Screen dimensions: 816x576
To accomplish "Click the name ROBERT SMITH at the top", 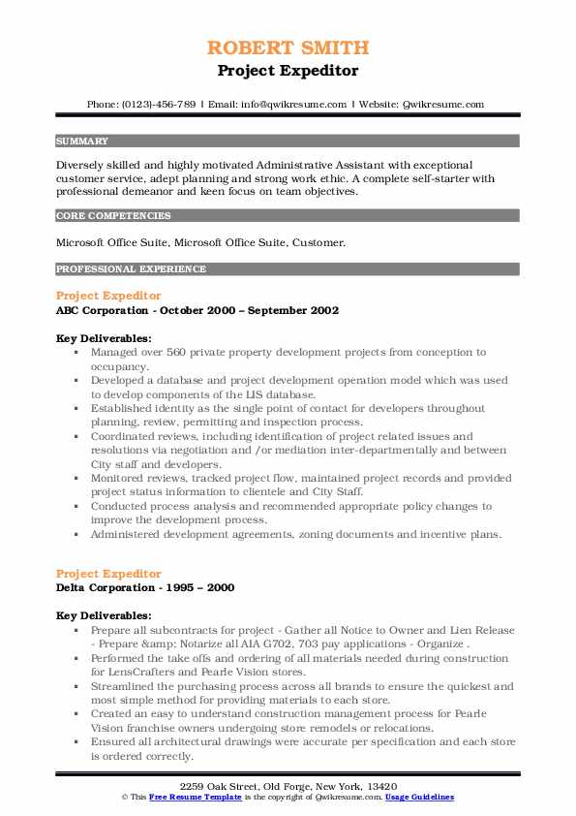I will coord(288,47).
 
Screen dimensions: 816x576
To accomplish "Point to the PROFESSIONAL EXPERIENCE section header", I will coord(131,269).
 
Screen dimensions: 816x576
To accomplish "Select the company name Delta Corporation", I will coord(105,587).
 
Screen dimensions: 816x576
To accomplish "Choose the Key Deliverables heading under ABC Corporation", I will coord(104,338).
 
